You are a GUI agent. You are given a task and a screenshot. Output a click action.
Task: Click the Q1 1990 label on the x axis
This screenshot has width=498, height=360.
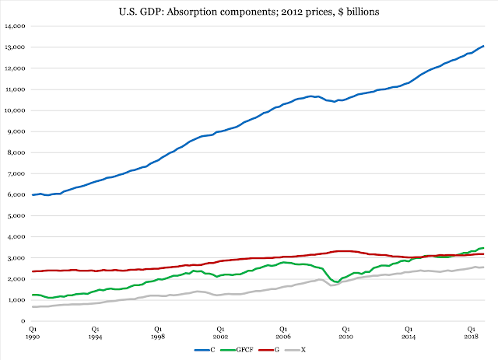click(x=32, y=333)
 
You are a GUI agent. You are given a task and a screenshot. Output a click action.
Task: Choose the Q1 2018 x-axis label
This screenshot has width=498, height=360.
click(x=472, y=333)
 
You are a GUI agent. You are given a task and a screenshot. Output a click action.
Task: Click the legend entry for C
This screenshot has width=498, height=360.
click(x=206, y=351)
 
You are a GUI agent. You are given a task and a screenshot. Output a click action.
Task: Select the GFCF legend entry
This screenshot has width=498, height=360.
click(x=234, y=351)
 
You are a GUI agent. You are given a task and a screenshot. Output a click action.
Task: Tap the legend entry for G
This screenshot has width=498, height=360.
click(x=267, y=351)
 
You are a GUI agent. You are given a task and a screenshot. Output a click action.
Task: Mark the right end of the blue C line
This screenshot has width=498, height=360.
click(x=484, y=46)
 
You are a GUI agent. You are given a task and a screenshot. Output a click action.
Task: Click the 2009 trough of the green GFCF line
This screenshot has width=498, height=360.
click(x=336, y=281)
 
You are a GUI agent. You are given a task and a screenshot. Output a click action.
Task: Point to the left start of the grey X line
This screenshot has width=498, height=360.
click(x=32, y=306)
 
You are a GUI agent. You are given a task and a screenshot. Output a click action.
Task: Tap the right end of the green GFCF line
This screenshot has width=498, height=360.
click(x=484, y=248)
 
